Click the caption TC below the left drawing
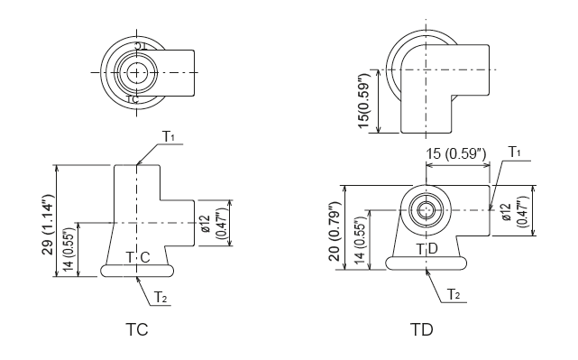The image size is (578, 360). point(136,330)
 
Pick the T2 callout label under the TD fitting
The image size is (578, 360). point(454,294)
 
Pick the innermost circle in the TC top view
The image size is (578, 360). point(135,72)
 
